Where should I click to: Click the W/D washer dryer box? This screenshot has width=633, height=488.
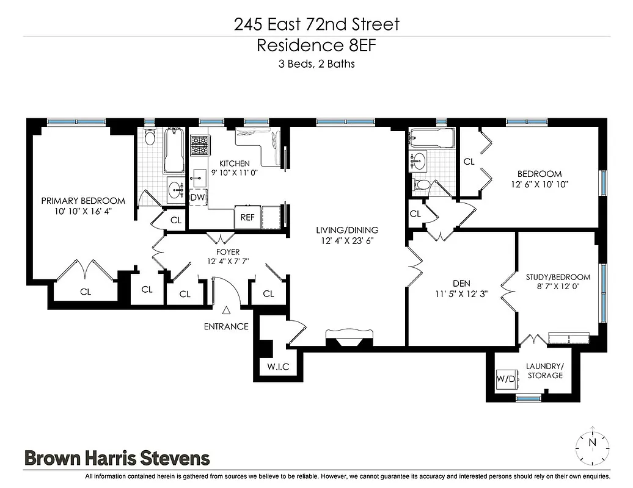(x=506, y=379)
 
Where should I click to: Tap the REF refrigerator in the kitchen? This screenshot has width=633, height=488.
(x=247, y=217)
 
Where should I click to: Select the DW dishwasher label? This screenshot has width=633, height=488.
(x=197, y=197)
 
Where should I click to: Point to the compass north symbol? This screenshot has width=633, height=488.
(x=591, y=441)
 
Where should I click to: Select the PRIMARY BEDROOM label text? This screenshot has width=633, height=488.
(x=83, y=201)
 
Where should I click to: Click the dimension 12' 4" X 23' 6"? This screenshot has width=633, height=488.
(x=347, y=240)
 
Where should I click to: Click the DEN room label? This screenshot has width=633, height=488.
(x=461, y=283)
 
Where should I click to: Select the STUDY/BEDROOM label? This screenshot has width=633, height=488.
(x=558, y=277)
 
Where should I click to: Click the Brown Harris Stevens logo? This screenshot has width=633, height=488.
(x=117, y=457)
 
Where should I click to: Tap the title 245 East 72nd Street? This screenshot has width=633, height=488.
(x=316, y=24)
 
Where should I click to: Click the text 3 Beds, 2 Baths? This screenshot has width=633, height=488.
(x=316, y=63)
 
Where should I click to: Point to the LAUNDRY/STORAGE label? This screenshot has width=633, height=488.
(x=545, y=371)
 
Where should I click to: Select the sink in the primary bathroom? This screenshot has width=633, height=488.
(x=177, y=188)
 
